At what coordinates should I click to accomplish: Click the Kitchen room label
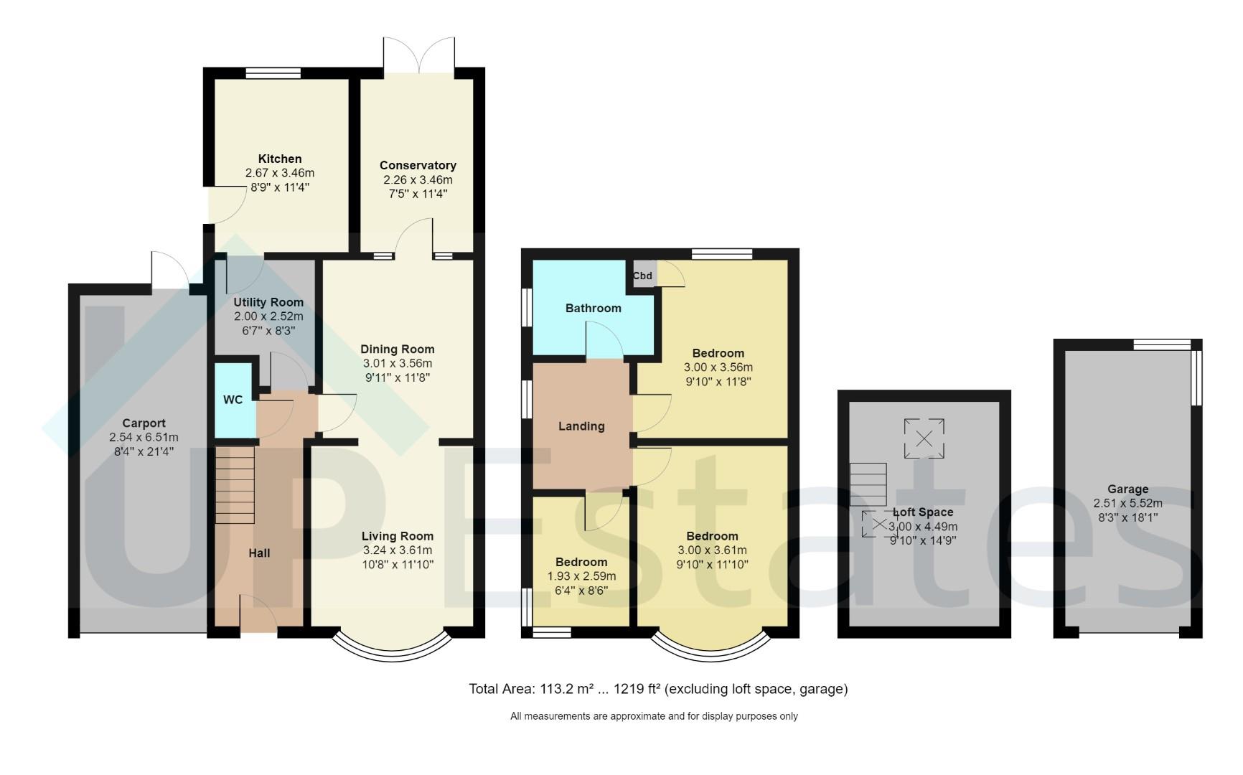[x=280, y=159]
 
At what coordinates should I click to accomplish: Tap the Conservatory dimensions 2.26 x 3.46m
[x=418, y=179]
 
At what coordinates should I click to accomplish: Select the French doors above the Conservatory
[x=418, y=54]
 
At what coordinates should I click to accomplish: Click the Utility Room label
[x=268, y=302]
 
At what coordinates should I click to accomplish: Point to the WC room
[x=233, y=400]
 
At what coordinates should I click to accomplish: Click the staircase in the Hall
[x=235, y=485]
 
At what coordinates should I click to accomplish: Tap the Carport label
[x=144, y=423]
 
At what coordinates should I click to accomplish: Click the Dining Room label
[x=398, y=349]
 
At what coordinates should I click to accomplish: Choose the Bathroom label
[x=593, y=308]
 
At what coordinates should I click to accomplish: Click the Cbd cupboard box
[x=642, y=276]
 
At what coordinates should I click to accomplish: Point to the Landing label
[x=581, y=426]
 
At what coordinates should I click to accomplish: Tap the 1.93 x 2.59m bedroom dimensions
[x=581, y=576]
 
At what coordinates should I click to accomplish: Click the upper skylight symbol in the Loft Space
[x=924, y=438]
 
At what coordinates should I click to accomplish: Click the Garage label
[x=1127, y=489]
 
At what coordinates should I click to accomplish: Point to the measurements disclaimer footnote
[x=654, y=716]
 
